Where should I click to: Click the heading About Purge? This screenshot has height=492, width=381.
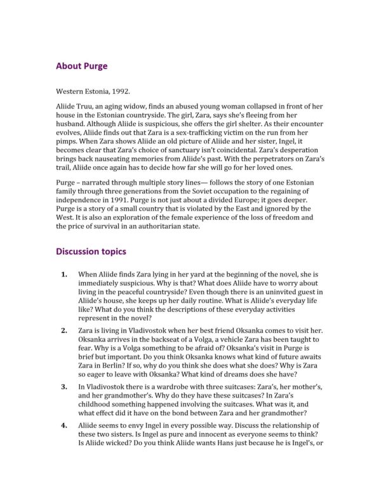coord(81,66)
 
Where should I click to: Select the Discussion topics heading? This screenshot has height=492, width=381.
coord(91,251)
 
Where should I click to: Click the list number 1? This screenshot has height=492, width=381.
coord(63,275)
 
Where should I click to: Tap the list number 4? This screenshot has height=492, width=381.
coord(63,425)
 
